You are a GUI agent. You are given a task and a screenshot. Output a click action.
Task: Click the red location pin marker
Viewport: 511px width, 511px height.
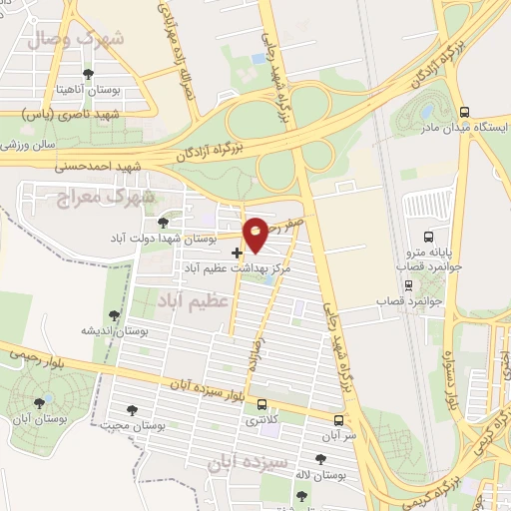click(x=256, y=234)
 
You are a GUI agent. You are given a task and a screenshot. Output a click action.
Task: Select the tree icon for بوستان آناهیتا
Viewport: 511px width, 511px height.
click(x=89, y=74)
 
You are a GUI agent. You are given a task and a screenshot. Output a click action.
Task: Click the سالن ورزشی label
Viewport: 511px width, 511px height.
click(x=27, y=145)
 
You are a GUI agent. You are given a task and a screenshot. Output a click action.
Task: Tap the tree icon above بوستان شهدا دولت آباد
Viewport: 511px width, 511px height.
click(x=164, y=222)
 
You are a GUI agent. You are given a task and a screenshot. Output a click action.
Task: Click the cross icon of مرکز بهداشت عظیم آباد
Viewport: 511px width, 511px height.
click(x=236, y=253)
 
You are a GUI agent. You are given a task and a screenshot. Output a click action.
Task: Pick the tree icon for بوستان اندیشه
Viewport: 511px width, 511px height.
click(x=114, y=315)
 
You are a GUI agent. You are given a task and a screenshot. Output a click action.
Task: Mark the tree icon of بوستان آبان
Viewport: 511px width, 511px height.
click(x=39, y=402)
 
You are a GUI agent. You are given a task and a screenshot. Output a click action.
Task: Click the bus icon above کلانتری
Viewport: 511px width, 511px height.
click(x=261, y=404)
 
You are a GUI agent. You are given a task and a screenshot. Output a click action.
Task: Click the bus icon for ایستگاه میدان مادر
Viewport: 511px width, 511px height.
click(x=464, y=112)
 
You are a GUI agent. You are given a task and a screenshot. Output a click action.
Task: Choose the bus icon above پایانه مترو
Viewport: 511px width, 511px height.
click(x=428, y=237)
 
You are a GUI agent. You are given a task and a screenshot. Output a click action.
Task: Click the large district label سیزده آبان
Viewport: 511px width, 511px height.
click(x=251, y=463)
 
